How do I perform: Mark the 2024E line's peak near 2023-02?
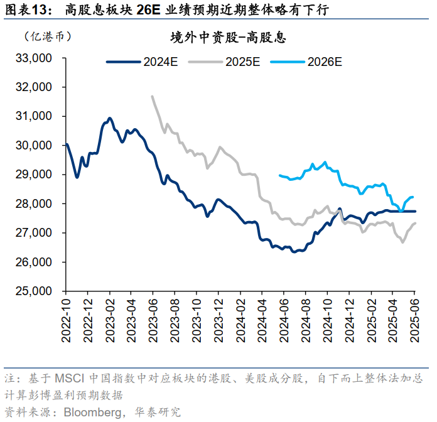pos(110,118)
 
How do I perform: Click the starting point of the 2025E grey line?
pos(152,97)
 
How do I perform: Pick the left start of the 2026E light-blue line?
pos(279,175)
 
